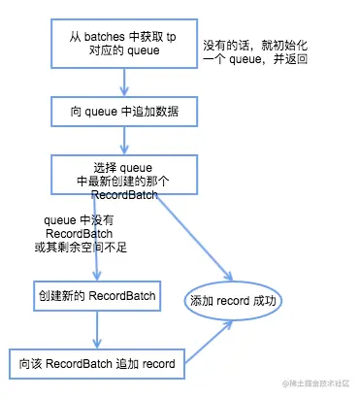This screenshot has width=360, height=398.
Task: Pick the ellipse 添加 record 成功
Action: click(x=234, y=301)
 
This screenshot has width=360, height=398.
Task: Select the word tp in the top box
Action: click(x=172, y=36)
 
